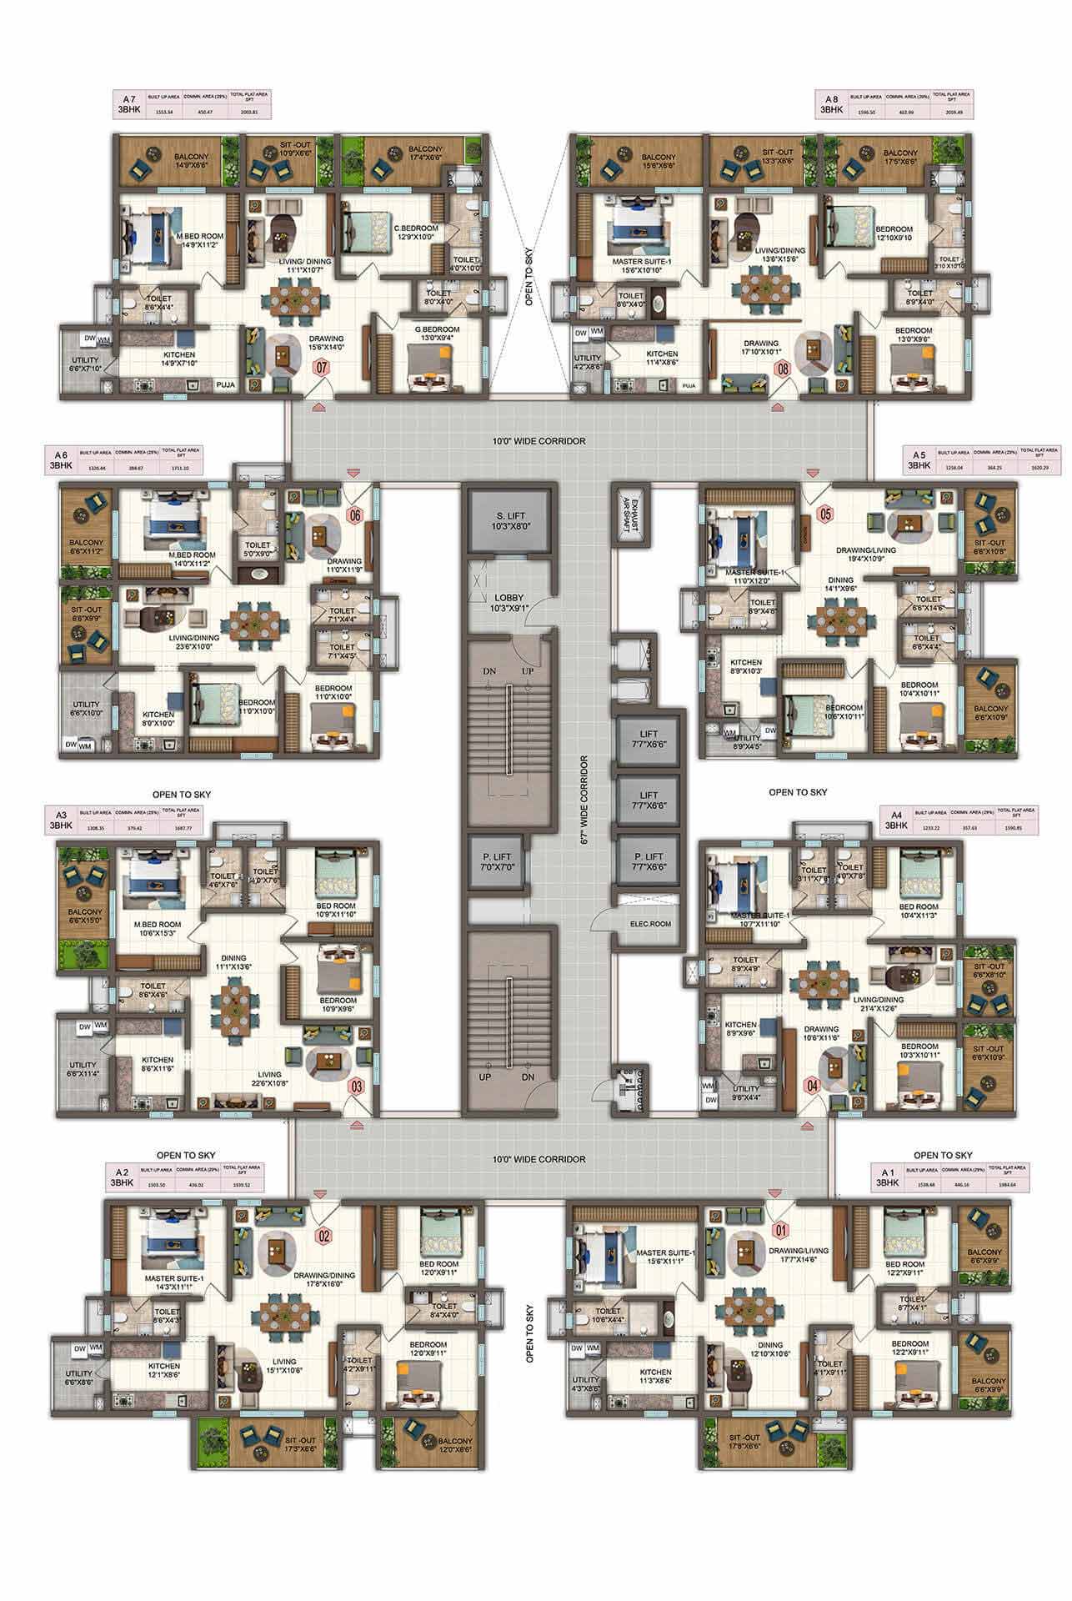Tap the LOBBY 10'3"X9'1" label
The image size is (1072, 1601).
coord(508,603)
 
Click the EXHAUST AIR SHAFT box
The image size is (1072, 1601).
coord(627,518)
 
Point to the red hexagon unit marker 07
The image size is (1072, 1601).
coord(321,368)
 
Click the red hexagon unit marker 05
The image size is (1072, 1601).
coord(825,513)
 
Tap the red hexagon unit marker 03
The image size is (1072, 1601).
coord(357,1086)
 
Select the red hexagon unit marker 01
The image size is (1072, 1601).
coord(780,1227)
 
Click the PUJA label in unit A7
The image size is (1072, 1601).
coord(224,385)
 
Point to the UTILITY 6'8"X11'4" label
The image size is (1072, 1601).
coord(83,1069)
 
